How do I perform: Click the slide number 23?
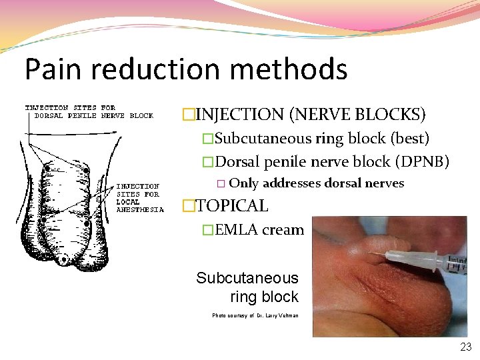465,347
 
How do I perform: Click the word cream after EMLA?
283,230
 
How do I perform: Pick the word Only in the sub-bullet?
243,183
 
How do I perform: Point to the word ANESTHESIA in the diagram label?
140,209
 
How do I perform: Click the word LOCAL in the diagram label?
128,201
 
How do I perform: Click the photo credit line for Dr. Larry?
255,315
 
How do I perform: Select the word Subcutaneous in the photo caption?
247,278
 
